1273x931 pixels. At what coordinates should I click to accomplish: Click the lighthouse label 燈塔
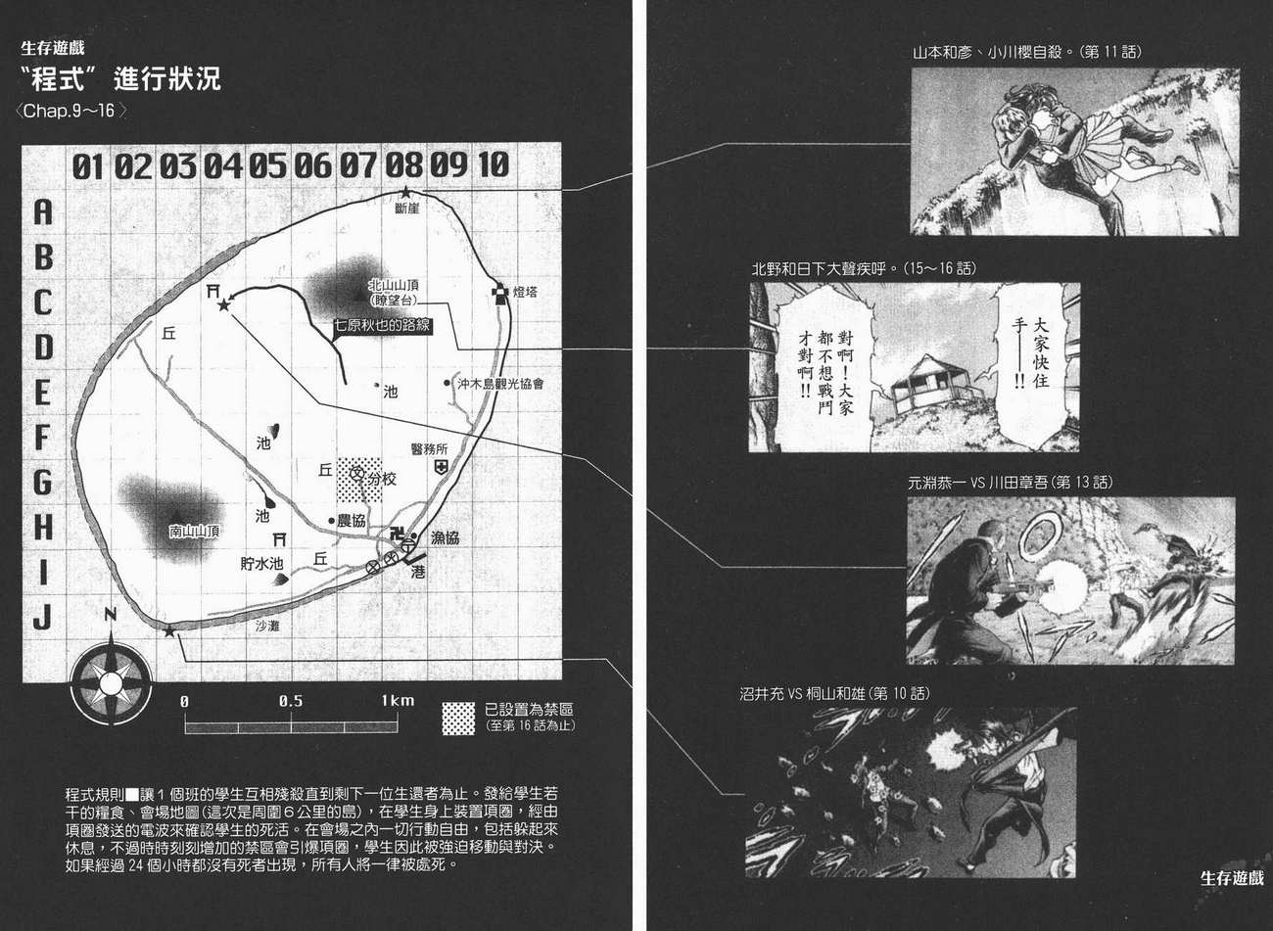coord(525,292)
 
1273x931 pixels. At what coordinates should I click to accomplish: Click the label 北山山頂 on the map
coord(394,285)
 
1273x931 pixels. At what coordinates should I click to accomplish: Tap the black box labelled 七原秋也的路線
coord(382,326)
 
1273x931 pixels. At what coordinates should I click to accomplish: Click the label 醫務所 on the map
coord(429,448)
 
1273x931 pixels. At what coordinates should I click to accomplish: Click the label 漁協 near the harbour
coord(444,537)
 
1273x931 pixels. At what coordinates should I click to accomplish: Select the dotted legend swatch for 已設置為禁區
coord(458,718)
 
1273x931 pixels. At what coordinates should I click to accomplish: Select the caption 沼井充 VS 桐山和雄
coord(834,693)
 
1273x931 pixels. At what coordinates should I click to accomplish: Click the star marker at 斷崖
coord(405,192)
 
